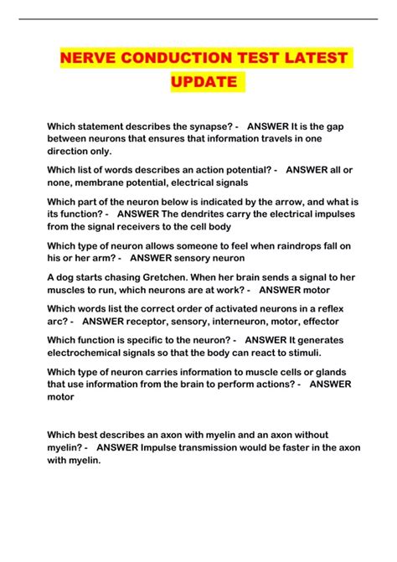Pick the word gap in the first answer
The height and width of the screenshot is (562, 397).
pyautogui.click(x=345, y=126)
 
